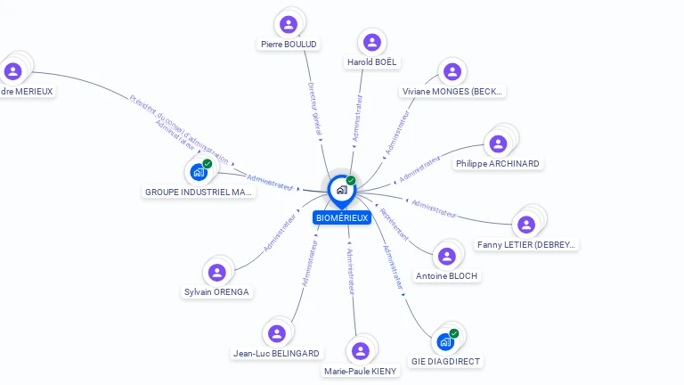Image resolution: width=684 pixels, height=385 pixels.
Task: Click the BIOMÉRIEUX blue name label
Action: pos(342,217)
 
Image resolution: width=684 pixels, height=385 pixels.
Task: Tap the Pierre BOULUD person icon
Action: pos(288,24)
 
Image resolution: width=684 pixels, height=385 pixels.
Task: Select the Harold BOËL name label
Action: pos(372,62)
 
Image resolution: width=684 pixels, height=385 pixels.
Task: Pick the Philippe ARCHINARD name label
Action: pos(497,164)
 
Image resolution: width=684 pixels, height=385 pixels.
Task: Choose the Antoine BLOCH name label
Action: pos(447,276)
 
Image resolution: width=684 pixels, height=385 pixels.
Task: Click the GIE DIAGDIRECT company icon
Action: pos(444,342)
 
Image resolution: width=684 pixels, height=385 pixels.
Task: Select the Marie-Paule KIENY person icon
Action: pos(360,351)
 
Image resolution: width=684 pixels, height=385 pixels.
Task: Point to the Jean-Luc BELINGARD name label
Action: pos(276,354)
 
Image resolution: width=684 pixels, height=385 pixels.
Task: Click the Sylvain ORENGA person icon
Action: pos(216,273)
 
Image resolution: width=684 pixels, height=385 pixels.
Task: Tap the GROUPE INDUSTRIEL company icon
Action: pos(198,172)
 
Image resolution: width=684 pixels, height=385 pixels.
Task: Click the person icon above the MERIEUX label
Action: pos(12,71)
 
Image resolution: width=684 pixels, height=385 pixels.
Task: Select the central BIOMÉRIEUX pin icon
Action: pos(341,190)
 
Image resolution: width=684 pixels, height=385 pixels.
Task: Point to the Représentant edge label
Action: pos(394,227)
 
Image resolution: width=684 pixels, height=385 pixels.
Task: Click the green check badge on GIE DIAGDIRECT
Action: pos(454,333)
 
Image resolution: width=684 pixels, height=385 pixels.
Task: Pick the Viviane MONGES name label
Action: pos(452,91)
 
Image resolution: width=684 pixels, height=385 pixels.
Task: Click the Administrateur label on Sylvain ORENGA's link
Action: pos(280,234)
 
